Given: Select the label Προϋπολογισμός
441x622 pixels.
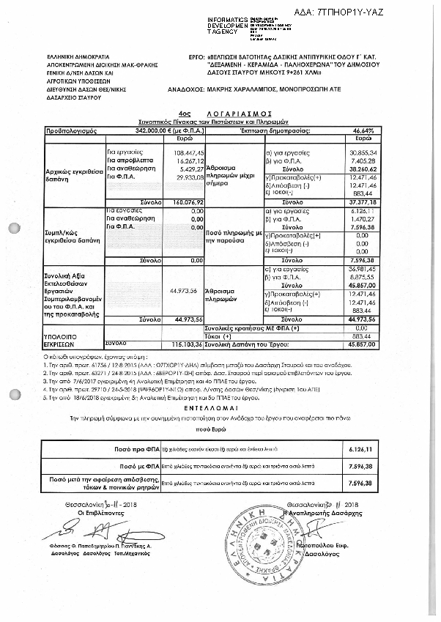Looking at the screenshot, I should click(x=67, y=129).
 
